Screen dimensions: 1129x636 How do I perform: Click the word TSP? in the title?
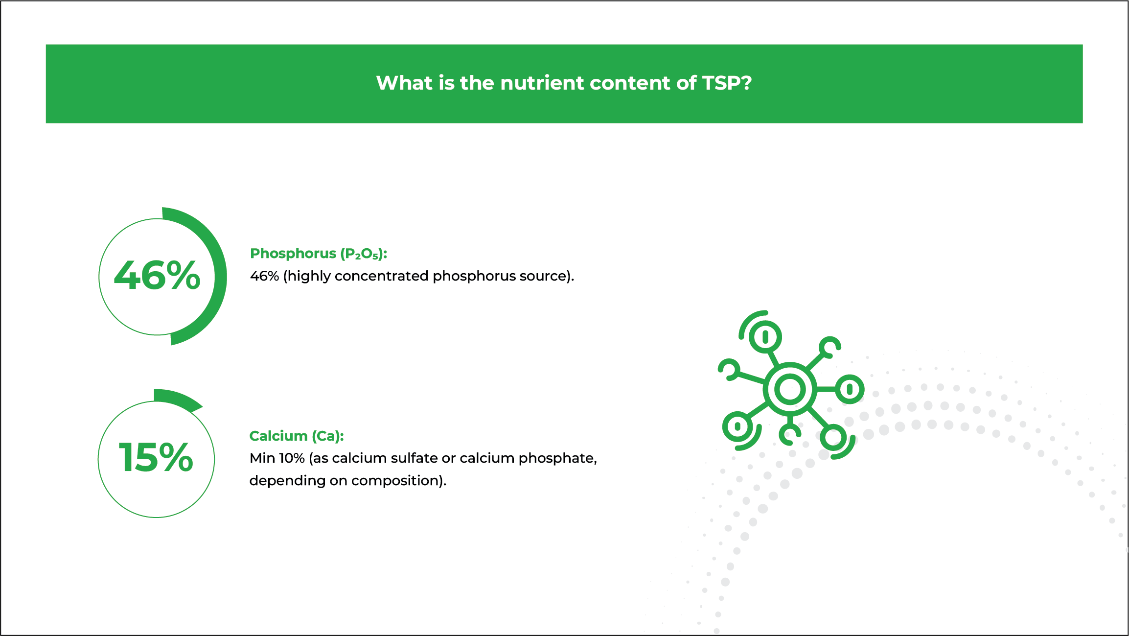tap(727, 83)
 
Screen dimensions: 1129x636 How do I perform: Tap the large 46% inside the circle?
tap(157, 276)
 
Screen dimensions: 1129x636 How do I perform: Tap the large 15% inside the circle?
tap(156, 457)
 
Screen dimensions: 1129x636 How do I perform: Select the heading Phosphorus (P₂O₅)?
tap(319, 254)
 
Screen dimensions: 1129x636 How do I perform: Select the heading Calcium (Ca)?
tap(297, 436)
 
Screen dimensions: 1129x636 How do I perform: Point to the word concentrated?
tap(382, 276)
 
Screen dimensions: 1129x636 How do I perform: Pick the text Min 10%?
tap(277, 458)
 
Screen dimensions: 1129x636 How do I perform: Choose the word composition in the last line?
tap(395, 481)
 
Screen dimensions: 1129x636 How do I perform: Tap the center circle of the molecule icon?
tap(790, 390)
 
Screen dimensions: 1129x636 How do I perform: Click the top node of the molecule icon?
tap(765, 337)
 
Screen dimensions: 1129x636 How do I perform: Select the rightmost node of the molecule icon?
tap(850, 389)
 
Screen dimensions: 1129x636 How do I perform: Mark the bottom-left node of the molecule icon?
tap(737, 426)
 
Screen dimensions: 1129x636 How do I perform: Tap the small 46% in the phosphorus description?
tap(265, 276)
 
